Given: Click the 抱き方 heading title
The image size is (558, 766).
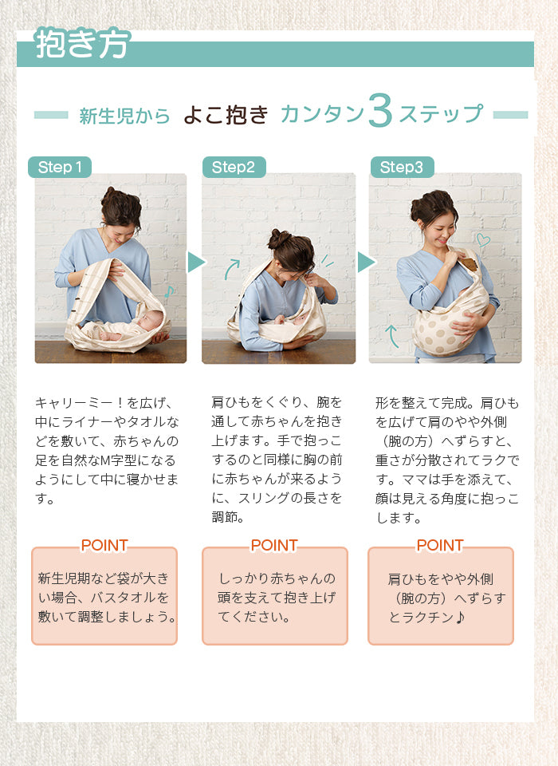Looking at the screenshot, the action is click(82, 43).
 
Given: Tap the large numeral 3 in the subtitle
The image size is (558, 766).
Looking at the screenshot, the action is click(380, 111).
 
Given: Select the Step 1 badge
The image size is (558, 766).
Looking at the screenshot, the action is click(60, 167).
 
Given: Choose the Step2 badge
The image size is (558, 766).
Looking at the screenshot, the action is click(234, 167).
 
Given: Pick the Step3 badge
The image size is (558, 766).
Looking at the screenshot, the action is click(402, 167).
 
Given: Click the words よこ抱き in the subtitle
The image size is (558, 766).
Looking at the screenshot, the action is click(226, 115).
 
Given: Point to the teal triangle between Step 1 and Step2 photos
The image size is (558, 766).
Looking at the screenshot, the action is click(195, 263).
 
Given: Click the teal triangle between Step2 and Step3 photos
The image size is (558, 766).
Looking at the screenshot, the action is click(365, 263).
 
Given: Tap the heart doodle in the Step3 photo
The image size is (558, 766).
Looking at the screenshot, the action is click(483, 239).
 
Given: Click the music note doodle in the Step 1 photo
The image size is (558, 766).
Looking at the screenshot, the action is click(169, 292).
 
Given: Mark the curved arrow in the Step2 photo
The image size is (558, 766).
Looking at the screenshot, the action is click(231, 268).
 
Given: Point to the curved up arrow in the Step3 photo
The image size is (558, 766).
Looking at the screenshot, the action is click(391, 336).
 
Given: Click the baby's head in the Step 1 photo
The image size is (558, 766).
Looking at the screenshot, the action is click(150, 322).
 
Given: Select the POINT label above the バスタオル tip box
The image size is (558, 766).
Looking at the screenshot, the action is click(104, 545).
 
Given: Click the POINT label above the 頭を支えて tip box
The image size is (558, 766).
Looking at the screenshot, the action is click(274, 545).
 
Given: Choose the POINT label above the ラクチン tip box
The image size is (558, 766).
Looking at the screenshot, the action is click(440, 545).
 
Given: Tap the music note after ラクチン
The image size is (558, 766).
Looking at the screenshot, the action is click(459, 618).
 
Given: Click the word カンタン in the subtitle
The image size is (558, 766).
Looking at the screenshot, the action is click(322, 114).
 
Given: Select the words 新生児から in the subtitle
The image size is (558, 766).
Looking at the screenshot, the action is click(124, 116).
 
